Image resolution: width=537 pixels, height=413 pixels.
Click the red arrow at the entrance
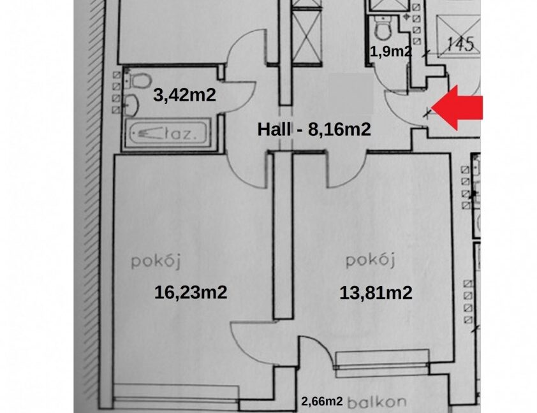pos(457,108)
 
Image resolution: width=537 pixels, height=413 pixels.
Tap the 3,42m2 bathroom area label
pos(184,94)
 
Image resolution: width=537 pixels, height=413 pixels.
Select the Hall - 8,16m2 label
pos(314,129)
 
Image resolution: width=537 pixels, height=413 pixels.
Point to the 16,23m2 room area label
pos(191,293)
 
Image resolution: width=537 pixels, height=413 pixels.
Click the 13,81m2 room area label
pos(376,293)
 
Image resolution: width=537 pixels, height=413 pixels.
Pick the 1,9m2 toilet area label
pos(391,52)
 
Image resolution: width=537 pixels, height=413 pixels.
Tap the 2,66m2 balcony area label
pos(322,401)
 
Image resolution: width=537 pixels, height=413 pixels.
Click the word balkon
pos(377,402)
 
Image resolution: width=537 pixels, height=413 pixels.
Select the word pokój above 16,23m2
pos(156,262)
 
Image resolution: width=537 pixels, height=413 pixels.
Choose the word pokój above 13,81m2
pos(371,261)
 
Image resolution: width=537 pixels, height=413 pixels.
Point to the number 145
pos(460,44)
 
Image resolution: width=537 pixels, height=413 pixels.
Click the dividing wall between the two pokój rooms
pos(283,236)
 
